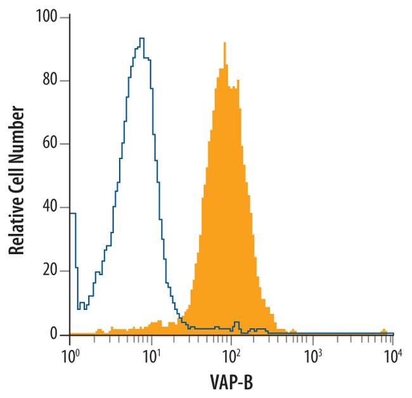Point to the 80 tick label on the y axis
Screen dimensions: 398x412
click(x=51, y=80)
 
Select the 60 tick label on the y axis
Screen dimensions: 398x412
click(x=51, y=144)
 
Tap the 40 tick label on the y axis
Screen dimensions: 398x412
click(x=51, y=207)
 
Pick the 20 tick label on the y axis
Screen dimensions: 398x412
click(x=51, y=271)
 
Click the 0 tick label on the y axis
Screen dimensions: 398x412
click(x=55, y=334)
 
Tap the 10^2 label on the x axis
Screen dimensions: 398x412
click(x=231, y=352)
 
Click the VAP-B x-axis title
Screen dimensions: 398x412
click(x=231, y=382)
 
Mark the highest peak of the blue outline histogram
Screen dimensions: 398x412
click(x=142, y=39)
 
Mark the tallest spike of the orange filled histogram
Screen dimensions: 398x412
click(x=224, y=43)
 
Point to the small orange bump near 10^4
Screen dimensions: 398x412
click(x=383, y=331)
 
